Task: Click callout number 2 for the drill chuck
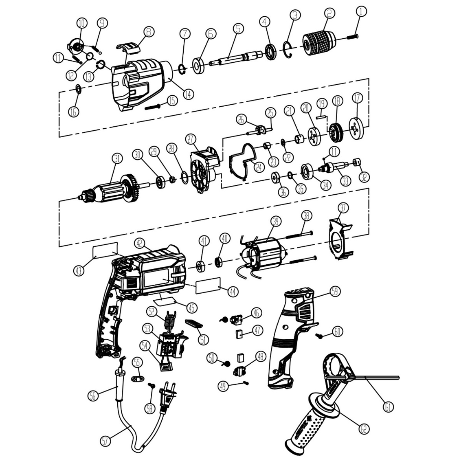[329, 13]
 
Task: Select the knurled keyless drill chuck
[318, 41]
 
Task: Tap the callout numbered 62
[364, 428]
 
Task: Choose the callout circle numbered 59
[335, 291]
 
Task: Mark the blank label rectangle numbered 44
[208, 286]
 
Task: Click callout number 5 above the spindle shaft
[238, 29]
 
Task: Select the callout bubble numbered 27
[191, 139]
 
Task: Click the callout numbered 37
[343, 208]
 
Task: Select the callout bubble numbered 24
[258, 166]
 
